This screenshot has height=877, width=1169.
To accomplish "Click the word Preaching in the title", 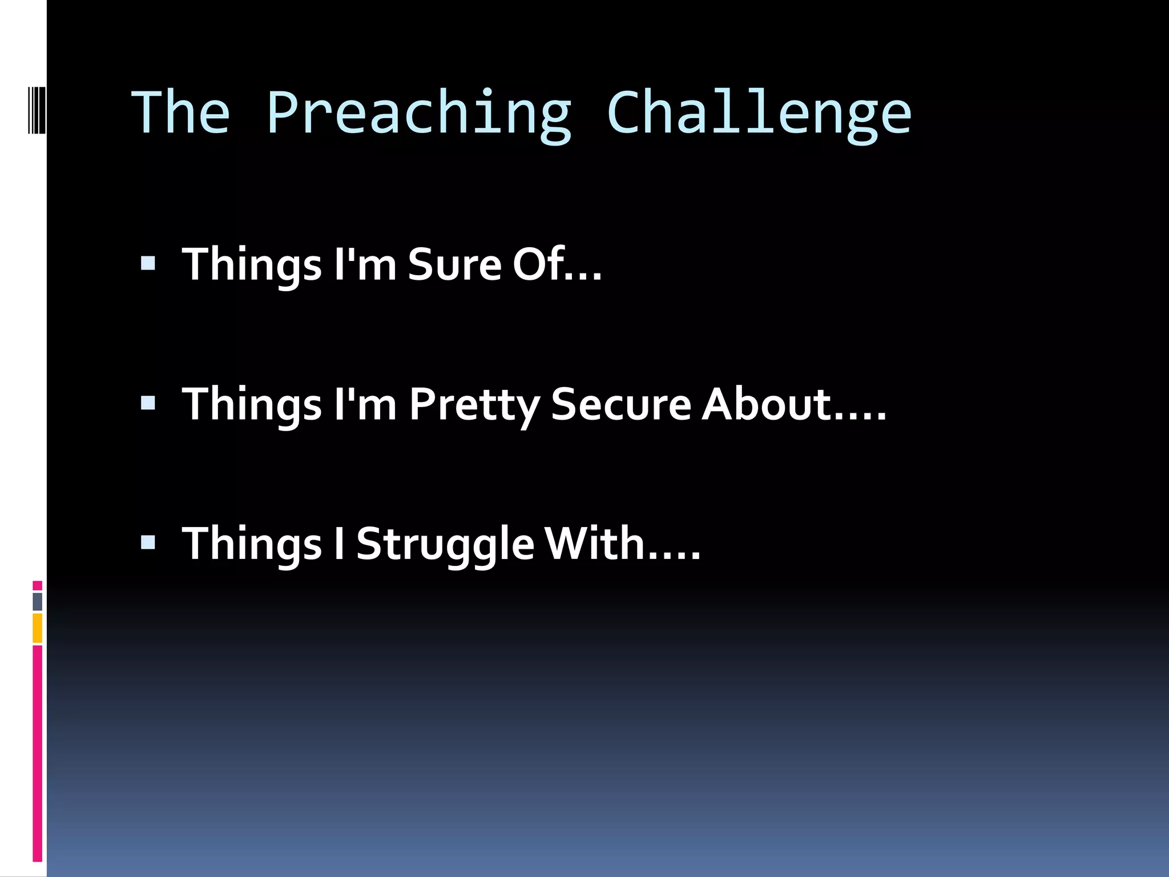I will click(418, 114).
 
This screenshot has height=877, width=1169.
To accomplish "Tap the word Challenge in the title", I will click(759, 114).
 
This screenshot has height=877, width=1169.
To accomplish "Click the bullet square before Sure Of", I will click(148, 263).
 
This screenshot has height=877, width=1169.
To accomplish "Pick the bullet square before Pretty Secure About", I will click(148, 404).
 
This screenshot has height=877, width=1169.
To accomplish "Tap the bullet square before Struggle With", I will click(148, 542).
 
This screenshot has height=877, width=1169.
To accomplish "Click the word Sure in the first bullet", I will click(454, 264).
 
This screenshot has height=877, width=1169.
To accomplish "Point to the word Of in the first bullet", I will click(538, 264).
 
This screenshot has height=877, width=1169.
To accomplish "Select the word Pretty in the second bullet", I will click(474, 405).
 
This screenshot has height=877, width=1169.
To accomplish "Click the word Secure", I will click(621, 404).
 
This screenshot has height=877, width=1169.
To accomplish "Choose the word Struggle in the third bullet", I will click(445, 544).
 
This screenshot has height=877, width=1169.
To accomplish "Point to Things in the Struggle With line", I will click(252, 544).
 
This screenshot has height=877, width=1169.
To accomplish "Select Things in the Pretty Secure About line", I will click(252, 405).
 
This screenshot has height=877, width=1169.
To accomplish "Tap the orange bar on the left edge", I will click(37, 628).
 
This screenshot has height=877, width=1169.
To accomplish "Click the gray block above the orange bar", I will click(37, 601).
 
